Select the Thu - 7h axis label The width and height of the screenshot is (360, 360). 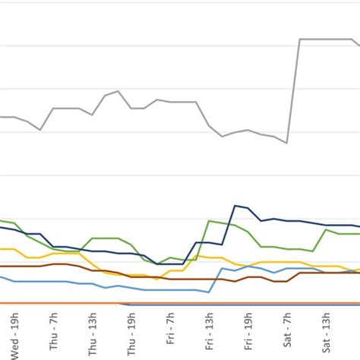point(53,333)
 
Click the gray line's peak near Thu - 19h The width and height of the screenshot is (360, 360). point(118,91)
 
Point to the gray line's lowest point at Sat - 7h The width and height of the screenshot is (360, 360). point(287,143)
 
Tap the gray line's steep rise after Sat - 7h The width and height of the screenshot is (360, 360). point(293,91)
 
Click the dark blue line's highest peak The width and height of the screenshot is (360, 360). point(235,205)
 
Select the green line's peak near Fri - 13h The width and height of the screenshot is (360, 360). point(209,221)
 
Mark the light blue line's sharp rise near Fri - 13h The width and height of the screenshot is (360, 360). point(215,279)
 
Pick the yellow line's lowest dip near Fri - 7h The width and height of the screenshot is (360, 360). point(157,279)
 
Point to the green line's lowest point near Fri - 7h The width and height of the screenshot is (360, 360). point(157,264)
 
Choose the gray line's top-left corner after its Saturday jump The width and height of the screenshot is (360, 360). point(300,39)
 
